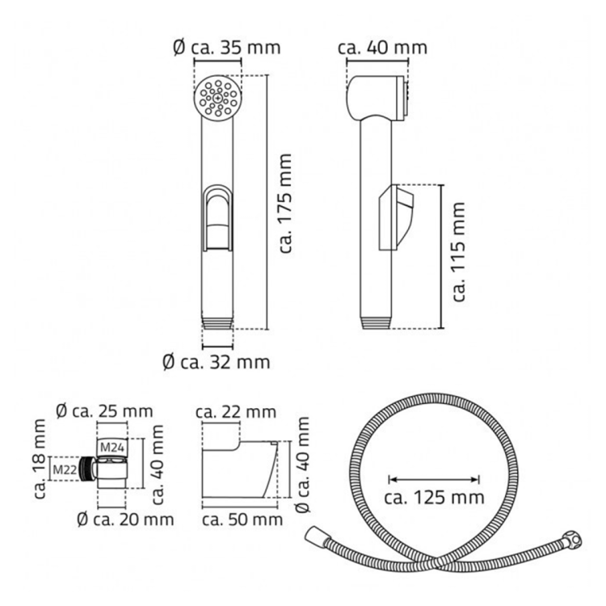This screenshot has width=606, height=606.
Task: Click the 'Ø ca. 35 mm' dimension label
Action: tap(227, 48)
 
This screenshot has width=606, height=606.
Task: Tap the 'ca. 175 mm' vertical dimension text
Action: tap(285, 204)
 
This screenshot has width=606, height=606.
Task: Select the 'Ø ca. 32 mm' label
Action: tap(217, 362)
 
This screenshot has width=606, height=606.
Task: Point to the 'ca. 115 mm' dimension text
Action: tap(458, 251)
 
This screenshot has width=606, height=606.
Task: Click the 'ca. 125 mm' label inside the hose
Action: tap(435, 497)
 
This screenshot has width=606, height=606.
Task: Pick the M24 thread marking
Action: tap(112, 448)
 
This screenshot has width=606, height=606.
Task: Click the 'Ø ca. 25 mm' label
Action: tap(104, 411)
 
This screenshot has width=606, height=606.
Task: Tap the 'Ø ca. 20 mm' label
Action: tap(125, 520)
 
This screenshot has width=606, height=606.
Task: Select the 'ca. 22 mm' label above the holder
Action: tap(236, 412)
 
